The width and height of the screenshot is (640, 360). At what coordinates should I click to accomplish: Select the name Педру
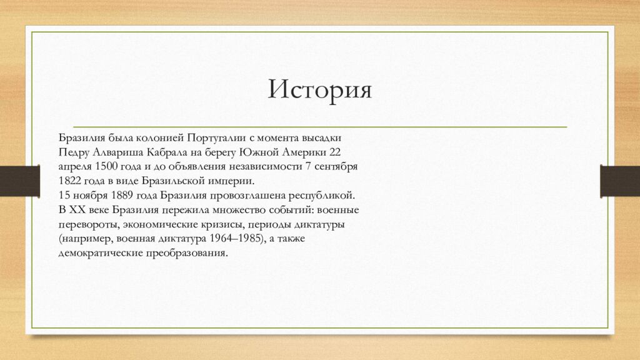pyautogui.click(x=73, y=152)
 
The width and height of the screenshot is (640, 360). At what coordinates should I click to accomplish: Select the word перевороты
pyautogui.click(x=87, y=224)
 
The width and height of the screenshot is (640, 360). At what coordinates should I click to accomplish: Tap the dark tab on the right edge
pyautogui.click(x=619, y=181)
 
